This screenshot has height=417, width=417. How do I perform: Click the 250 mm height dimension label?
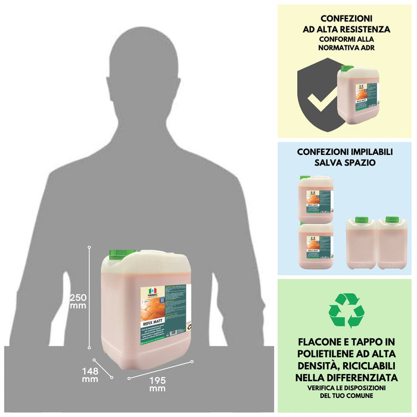78,301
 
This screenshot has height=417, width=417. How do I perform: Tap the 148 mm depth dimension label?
90,374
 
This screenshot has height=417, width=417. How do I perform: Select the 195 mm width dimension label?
157,384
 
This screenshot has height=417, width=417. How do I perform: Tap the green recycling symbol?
346,310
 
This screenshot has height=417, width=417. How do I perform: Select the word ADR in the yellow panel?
376,49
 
